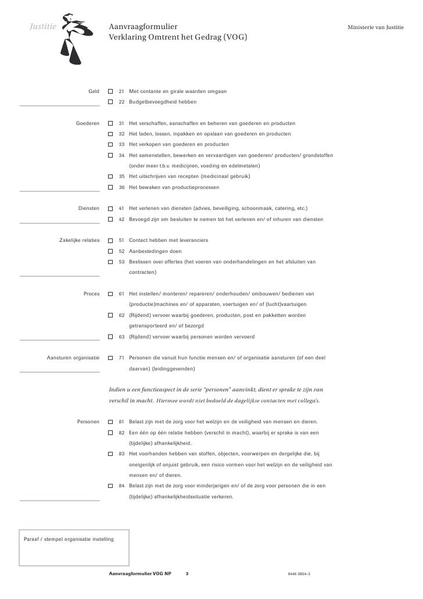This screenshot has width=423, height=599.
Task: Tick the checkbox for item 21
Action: [111, 92]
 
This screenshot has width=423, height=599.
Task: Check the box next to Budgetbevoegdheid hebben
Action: [111, 102]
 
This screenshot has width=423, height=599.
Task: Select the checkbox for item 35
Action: [111, 176]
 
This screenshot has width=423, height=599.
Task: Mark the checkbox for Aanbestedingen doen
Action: [111, 251]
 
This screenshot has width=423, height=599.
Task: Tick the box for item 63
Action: [111, 337]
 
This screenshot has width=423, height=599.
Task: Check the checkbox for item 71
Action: [111, 358]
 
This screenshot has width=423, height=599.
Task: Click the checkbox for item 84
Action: [111, 486]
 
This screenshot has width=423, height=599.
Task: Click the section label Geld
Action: [94, 92]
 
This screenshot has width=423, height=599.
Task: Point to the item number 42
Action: [121, 219]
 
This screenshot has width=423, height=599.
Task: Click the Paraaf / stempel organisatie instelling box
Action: [74, 547]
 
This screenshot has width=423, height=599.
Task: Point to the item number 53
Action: [121, 262]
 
